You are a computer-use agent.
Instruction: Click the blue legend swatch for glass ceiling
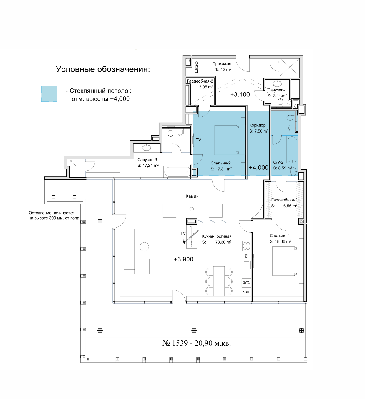point(49,94)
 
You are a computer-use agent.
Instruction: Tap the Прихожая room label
point(221,64)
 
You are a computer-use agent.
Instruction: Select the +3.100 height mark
point(240,94)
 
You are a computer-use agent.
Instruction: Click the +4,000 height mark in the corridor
point(258,168)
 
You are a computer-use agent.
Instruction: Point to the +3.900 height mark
point(183,259)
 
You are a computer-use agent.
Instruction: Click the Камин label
point(192,196)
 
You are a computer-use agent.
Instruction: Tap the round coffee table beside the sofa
point(144,247)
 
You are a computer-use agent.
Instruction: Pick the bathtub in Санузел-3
point(177,172)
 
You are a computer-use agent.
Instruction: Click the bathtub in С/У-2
point(292,149)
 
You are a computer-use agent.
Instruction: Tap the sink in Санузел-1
point(276,83)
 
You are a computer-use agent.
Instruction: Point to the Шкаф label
point(196,67)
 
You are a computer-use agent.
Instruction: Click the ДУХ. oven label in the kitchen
point(246,283)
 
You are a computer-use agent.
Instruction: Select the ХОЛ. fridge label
point(246,292)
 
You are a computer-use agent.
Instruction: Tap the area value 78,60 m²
point(223,242)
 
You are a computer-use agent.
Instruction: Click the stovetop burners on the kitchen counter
point(246,246)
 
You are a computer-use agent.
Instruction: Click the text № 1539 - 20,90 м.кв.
point(197,343)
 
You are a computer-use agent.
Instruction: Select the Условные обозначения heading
point(103,69)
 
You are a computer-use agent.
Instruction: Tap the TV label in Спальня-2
point(198,140)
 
